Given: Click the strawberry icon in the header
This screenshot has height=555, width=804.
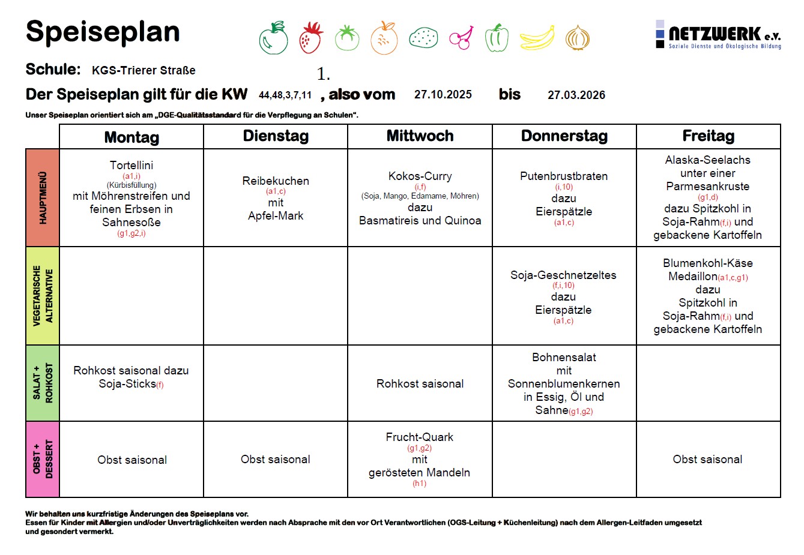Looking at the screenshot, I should pyautogui.click(x=311, y=37).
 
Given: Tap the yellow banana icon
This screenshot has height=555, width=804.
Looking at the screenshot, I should pyautogui.click(x=537, y=38).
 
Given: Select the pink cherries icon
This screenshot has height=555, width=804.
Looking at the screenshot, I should pyautogui.click(x=461, y=38).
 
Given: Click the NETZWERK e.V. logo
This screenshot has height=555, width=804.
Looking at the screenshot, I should pyautogui.click(x=719, y=35).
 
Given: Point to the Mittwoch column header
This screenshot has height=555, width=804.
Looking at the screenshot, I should pyautogui.click(x=420, y=136).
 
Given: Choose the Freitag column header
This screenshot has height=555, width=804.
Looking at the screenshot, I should pyautogui.click(x=708, y=136).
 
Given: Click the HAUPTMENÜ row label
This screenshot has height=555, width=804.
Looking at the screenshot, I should pyautogui.click(x=43, y=198).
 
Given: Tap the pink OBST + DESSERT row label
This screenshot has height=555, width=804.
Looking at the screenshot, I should pyautogui.click(x=43, y=459).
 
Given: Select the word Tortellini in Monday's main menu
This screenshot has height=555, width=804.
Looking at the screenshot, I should pyautogui.click(x=131, y=165).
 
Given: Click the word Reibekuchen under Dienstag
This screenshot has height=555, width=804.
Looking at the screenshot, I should pyautogui.click(x=276, y=181).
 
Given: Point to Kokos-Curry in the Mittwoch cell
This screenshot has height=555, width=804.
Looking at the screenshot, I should pyautogui.click(x=420, y=176).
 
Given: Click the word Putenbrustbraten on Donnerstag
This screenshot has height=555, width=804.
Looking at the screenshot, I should pyautogui.click(x=564, y=176).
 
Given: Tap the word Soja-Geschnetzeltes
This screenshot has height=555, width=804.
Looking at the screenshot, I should pyautogui.click(x=563, y=275).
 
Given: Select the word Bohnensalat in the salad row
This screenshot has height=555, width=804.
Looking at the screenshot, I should pyautogui.click(x=564, y=357).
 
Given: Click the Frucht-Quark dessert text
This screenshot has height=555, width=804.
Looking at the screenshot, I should pyautogui.click(x=419, y=437).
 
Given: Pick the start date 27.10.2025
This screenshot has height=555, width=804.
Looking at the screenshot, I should pyautogui.click(x=443, y=95).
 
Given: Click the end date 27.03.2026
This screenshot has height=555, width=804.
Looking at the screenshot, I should pyautogui.click(x=576, y=95).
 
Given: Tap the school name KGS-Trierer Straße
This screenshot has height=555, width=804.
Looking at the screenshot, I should pyautogui.click(x=144, y=70).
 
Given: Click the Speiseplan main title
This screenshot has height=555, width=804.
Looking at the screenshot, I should pyautogui.click(x=103, y=31).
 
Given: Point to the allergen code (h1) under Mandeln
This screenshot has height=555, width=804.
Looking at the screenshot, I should pyautogui.click(x=419, y=484).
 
